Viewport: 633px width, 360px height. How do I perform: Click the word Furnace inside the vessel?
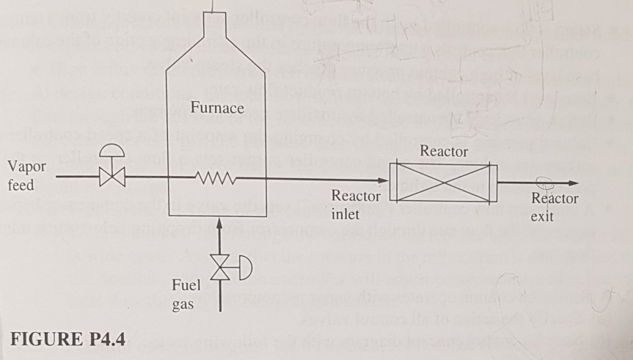tap(216, 109)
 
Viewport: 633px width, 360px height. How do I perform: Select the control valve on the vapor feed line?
tap(113, 177)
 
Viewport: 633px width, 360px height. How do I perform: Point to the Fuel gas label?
tap(184, 294)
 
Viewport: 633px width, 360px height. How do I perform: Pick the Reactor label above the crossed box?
tap(443, 151)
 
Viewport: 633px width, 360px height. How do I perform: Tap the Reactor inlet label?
tap(356, 205)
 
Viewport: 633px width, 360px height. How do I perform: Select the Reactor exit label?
tap(555, 207)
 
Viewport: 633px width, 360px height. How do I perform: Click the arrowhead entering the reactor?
tap(382, 177)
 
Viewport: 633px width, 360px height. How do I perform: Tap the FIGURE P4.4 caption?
tap(67, 339)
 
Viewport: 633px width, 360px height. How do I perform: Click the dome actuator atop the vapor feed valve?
tap(113, 149)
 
